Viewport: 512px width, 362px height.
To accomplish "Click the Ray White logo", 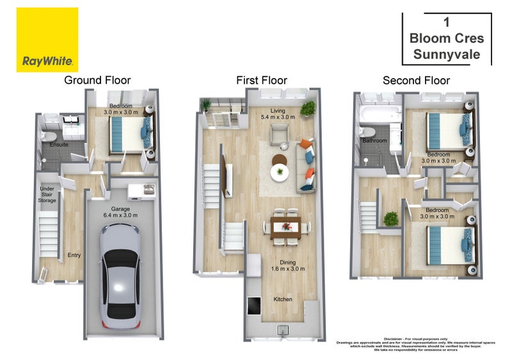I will [47, 40].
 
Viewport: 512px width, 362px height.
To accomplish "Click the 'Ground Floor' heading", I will [97, 81].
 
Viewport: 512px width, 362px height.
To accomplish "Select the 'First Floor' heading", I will [261, 81].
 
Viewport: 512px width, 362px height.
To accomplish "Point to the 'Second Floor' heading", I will [416, 81].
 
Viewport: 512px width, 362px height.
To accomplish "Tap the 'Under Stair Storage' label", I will [47, 194].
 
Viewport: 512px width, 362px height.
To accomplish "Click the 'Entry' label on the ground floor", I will [74, 255].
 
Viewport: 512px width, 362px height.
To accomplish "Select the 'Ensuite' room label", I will [60, 145].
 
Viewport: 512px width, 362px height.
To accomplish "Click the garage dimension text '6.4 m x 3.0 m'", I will [122, 216].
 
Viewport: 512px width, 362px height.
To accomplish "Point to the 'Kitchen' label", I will [284, 299].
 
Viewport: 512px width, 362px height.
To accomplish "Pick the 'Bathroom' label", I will [374, 141].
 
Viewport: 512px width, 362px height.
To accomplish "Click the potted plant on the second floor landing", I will [390, 219].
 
